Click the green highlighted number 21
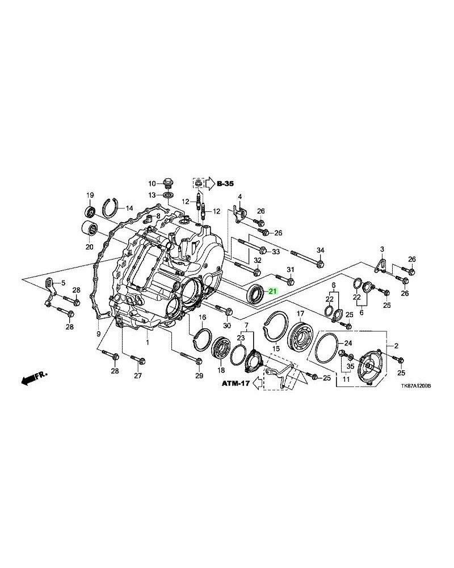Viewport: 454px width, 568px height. (x=272, y=291)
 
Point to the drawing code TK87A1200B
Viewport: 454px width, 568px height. (x=407, y=385)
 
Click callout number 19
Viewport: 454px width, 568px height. (x=90, y=196)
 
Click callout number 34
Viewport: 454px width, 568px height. (x=320, y=250)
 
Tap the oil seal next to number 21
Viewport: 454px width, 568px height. (x=257, y=294)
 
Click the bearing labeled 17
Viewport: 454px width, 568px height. (x=299, y=339)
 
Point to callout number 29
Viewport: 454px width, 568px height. (x=199, y=376)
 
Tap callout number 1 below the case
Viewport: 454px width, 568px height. (x=147, y=343)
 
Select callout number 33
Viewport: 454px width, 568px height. (x=276, y=252)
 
